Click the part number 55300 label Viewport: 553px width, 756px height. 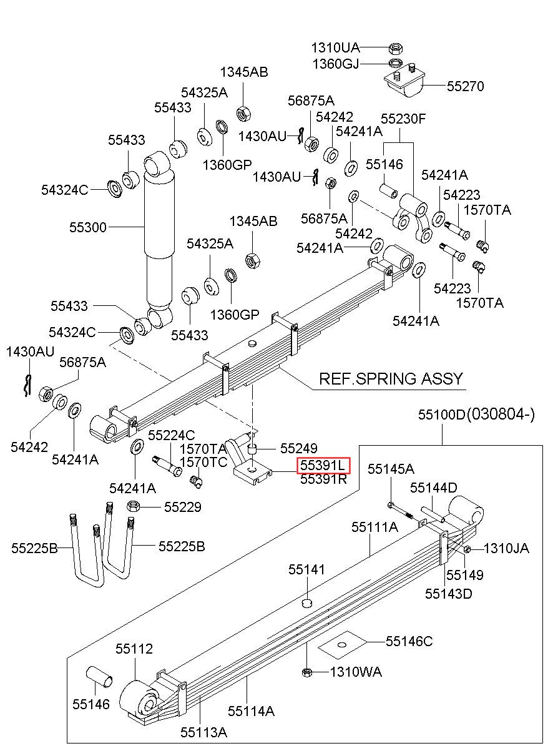88,227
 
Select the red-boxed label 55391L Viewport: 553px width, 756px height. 323,466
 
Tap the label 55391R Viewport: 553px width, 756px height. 323,479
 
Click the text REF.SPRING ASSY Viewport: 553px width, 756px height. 391,379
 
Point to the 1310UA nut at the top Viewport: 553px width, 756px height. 396,49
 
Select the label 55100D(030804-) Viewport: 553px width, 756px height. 476,415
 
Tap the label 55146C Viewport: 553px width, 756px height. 409,641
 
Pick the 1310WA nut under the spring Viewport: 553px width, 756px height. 306,672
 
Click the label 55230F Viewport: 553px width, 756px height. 403,119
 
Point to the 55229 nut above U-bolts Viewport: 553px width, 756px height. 132,506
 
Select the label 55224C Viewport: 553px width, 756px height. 172,435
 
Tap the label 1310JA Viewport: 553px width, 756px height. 506,549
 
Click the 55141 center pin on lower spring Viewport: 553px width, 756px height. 306,602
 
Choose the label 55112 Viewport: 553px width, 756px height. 134,649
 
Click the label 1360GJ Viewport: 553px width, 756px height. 336,64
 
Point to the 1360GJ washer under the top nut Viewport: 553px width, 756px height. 396,63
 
